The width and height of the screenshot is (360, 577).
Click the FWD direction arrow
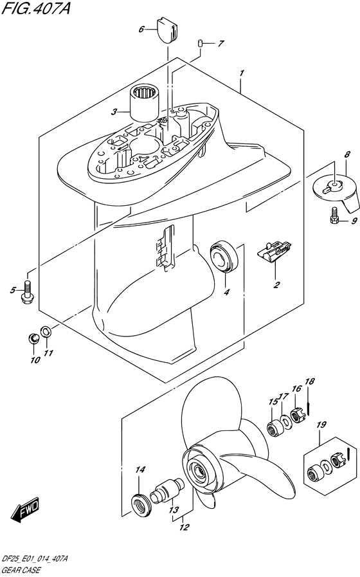pos(24,509)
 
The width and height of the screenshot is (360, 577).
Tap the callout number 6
pos(141,30)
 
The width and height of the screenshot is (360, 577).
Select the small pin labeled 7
pos(200,44)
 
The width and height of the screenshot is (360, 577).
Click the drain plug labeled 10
pos(33,338)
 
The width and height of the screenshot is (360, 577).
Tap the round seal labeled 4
pos(224,255)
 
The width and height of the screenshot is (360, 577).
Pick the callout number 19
pos(321,425)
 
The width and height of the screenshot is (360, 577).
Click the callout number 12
pos(184,527)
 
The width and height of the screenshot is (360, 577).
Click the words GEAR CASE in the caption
pos(21,571)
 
